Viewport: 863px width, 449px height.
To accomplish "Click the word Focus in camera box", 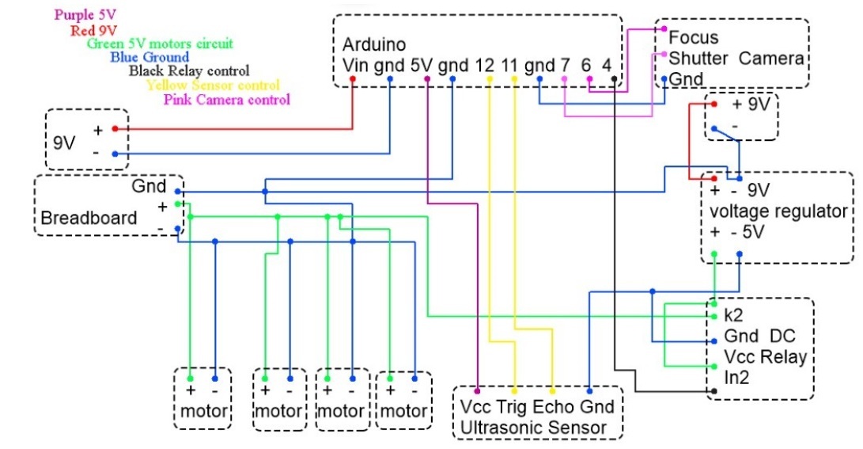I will tap(694, 37).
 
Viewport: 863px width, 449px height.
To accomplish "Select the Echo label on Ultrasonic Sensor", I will tap(553, 407).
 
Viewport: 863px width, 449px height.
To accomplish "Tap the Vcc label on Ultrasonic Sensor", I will tap(475, 407).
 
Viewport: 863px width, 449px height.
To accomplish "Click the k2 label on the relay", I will tap(732, 314).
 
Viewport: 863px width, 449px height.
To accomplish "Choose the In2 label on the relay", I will tap(736, 378).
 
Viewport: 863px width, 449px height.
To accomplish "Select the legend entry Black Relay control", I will tap(189, 71).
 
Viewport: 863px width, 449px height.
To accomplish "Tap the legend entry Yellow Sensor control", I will tap(212, 85).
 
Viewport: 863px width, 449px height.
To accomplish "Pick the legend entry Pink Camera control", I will tap(226, 100).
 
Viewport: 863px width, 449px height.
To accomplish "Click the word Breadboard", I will tap(89, 218).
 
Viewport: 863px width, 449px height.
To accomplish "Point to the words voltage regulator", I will tap(778, 211).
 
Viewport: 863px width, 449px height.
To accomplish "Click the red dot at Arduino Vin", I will tap(353, 79).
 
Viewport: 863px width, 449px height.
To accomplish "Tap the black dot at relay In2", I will tap(714, 391).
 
